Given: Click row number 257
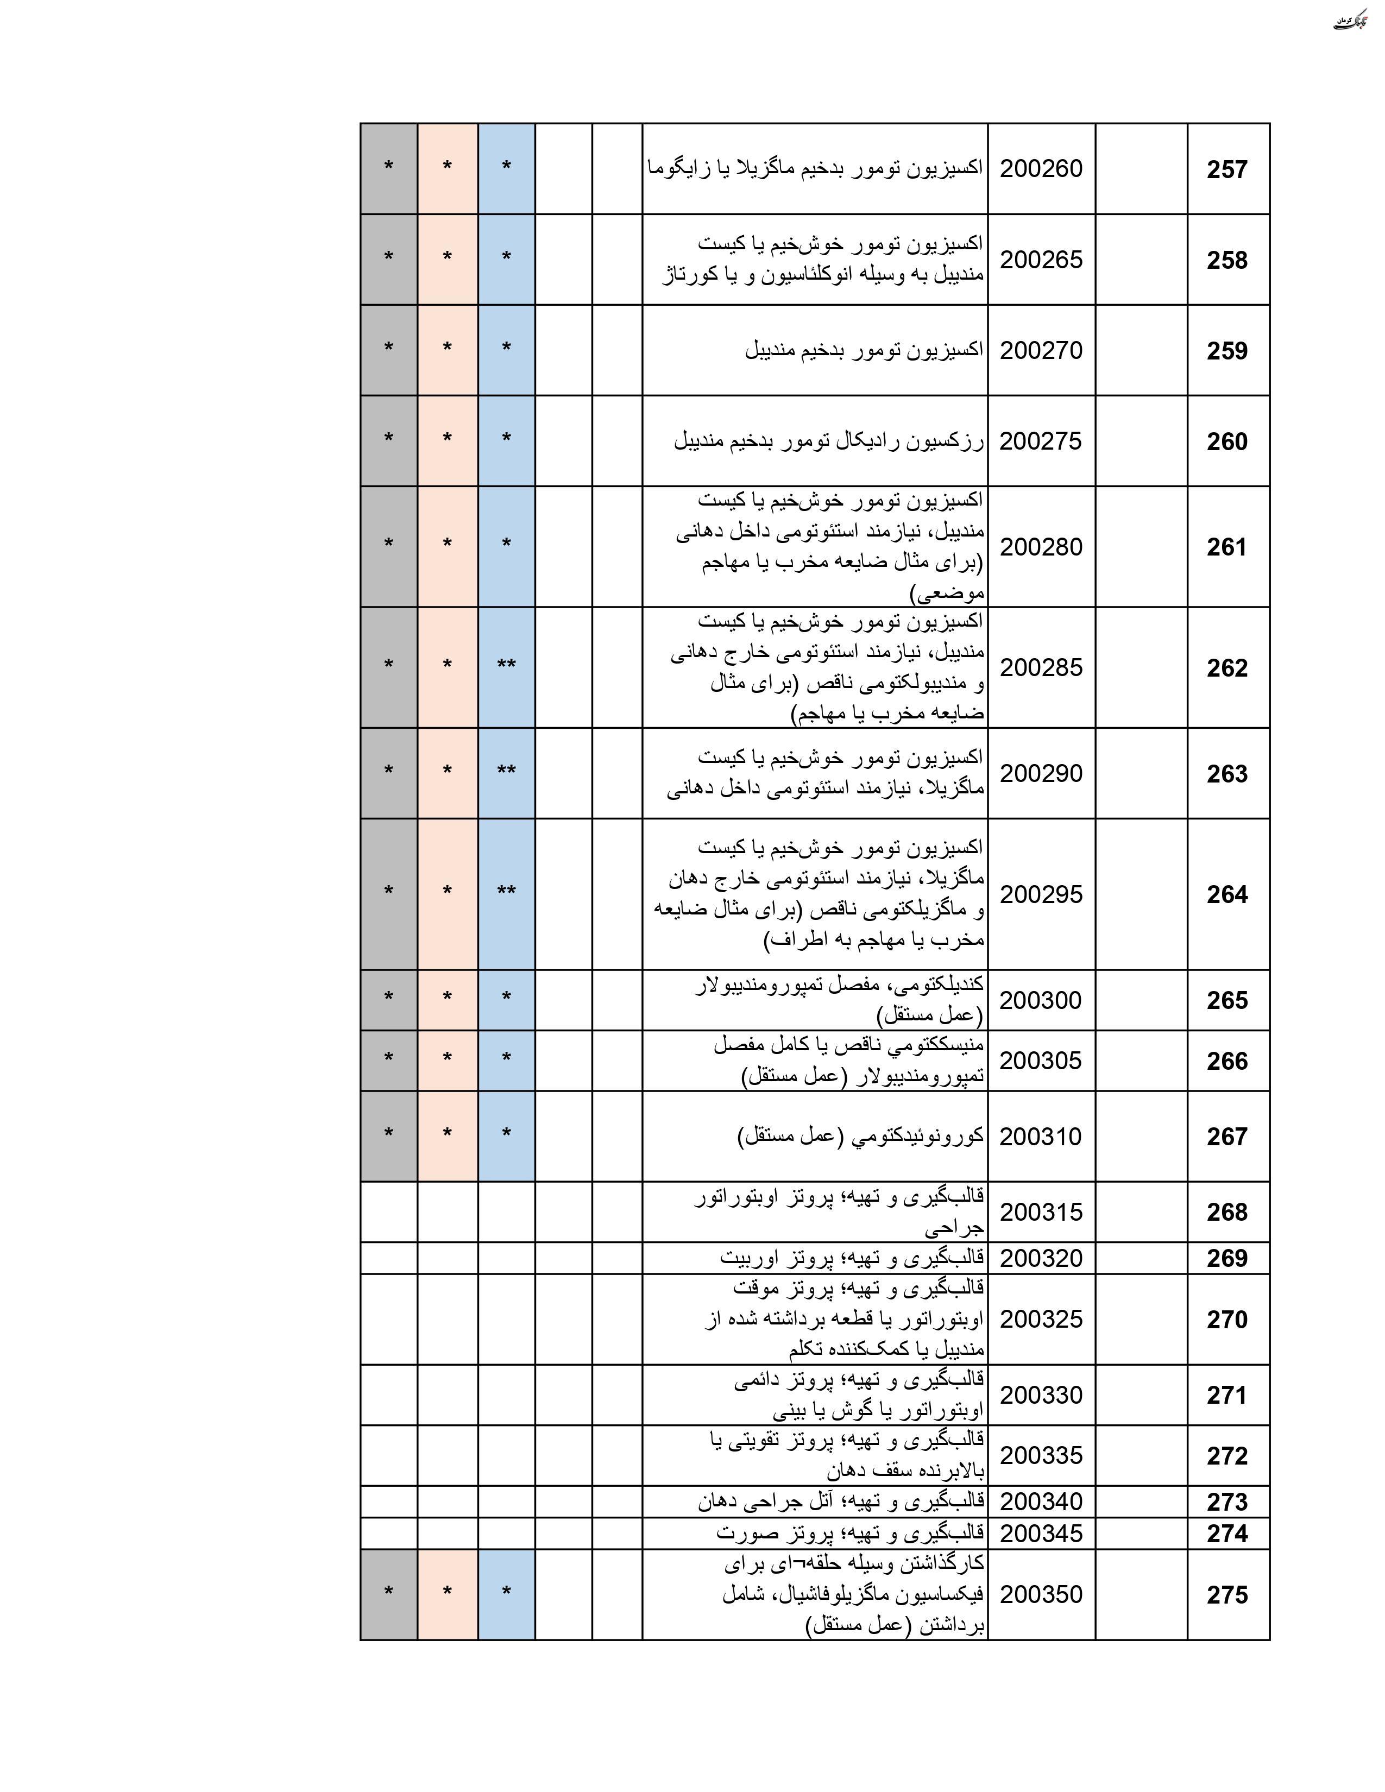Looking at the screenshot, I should [x=1226, y=170].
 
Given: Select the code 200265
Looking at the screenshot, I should [x=1041, y=260].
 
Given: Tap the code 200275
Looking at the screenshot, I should [x=1041, y=441].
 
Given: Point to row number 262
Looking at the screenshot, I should [x=1226, y=668].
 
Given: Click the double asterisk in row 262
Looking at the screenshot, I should [x=506, y=665].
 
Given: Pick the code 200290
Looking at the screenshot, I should [x=1041, y=774].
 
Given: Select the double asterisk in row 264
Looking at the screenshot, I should [x=506, y=892].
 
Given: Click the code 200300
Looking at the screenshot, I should [x=1041, y=1000].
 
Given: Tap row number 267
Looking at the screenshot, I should [x=1226, y=1137].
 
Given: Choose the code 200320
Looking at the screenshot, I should [x=1041, y=1258].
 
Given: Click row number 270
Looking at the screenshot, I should [x=1226, y=1320].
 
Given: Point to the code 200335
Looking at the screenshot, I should [x=1041, y=1455].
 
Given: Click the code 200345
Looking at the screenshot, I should [x=1041, y=1533].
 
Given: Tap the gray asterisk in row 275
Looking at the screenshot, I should [x=388, y=1593].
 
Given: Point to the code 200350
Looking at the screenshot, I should [x=1041, y=1594].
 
